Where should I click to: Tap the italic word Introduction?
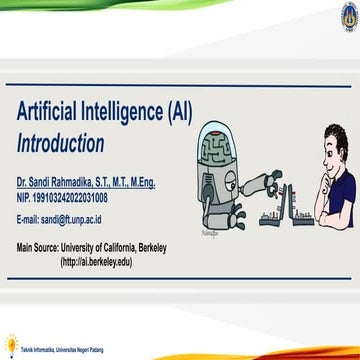coord(60,142)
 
